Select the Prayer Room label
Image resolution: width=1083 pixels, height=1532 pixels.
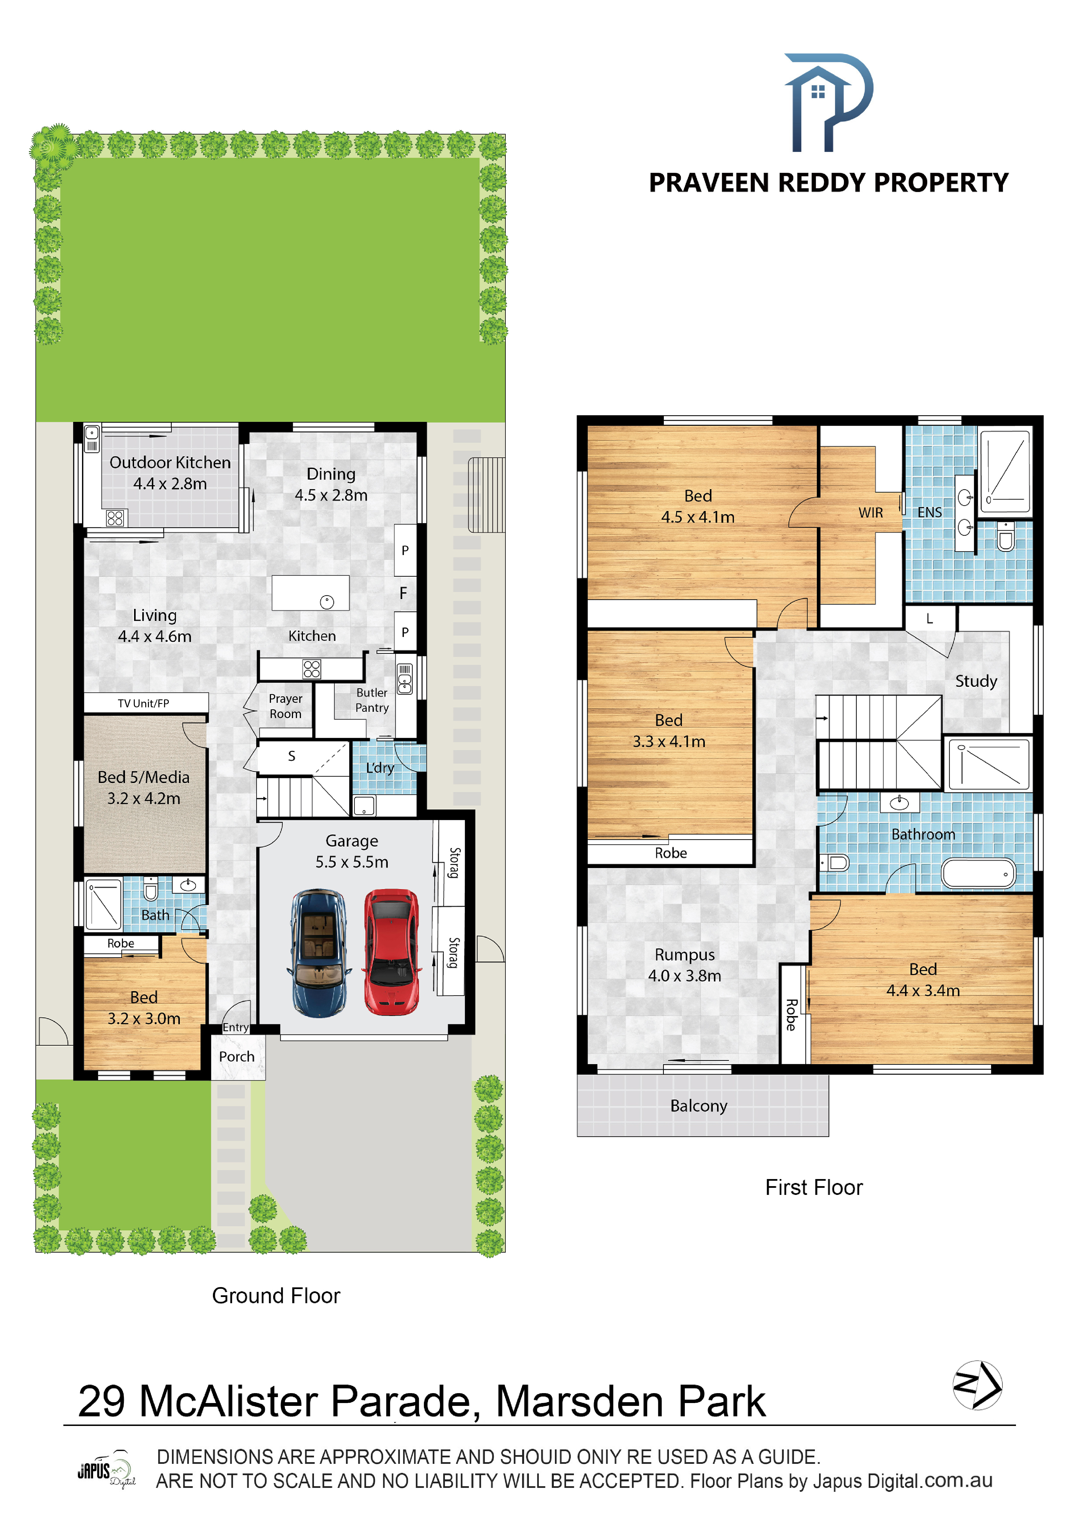pyautogui.click(x=286, y=706)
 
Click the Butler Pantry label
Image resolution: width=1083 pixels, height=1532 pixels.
pyautogui.click(x=372, y=700)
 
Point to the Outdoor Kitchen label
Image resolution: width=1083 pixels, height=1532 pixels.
pyautogui.click(x=170, y=472)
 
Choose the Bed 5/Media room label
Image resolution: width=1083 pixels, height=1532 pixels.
pyautogui.click(x=143, y=787)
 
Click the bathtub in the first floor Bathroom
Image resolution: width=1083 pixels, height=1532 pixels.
pyautogui.click(x=978, y=873)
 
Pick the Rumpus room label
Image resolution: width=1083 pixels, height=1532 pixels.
pyautogui.click(x=685, y=965)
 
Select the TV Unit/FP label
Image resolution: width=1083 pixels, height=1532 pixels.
pyautogui.click(x=143, y=703)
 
